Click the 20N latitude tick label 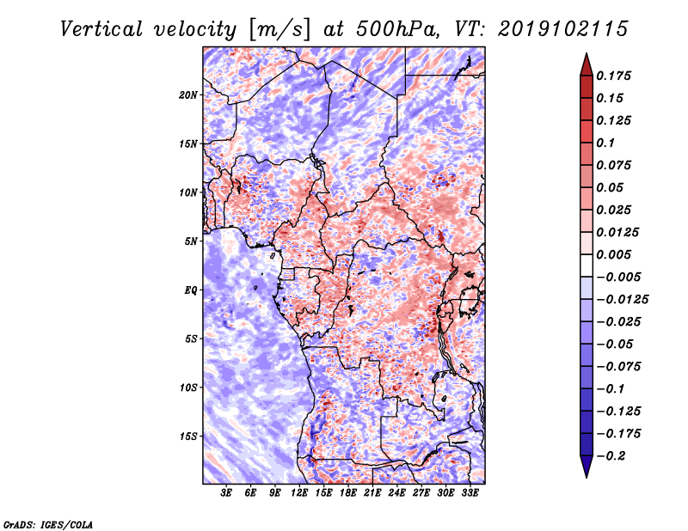click(188, 95)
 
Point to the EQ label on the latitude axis click(191, 290)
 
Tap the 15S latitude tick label click(188, 436)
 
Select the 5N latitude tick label click(191, 241)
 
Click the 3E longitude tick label click(226, 493)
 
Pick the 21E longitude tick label click(372, 493)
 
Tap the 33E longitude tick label click(470, 493)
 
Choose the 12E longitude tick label click(298, 493)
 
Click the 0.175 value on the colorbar click(613, 76)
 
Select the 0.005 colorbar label click(613, 254)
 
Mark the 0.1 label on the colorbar click(605, 143)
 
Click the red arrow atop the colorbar click(587, 64)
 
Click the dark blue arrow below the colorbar click(587, 467)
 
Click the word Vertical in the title click(101, 29)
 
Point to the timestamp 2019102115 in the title click(563, 29)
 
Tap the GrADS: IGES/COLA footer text click(48, 524)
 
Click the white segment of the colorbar click(587, 265)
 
